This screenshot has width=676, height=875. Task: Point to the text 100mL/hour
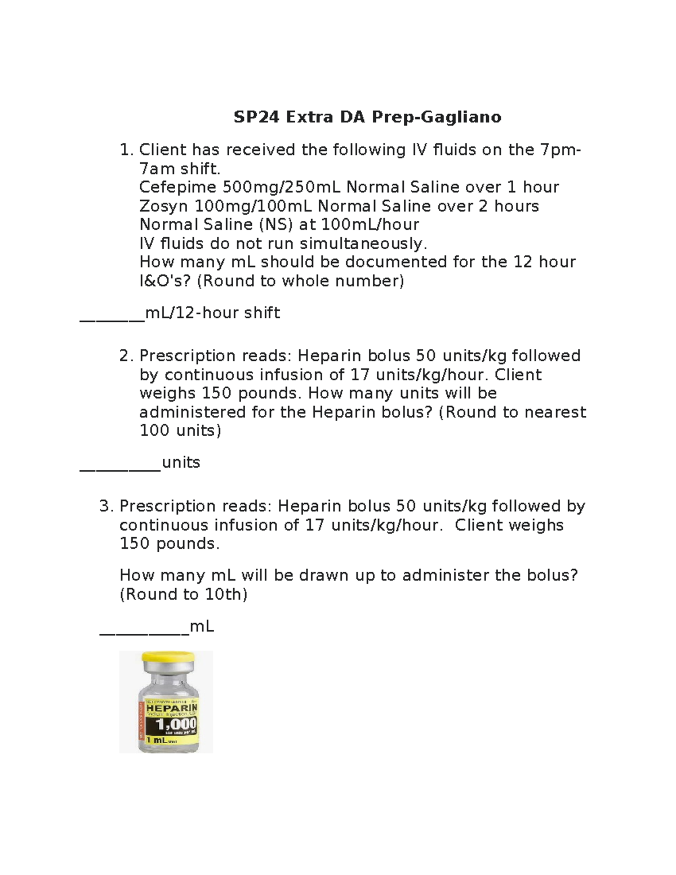[x=370, y=224]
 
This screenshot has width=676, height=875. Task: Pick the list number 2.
[x=126, y=356]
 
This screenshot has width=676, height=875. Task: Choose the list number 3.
[x=106, y=507]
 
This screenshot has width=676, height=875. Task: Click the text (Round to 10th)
[x=184, y=594]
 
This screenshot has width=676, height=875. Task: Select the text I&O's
[x=165, y=281]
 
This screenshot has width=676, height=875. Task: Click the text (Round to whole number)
[x=300, y=281]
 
